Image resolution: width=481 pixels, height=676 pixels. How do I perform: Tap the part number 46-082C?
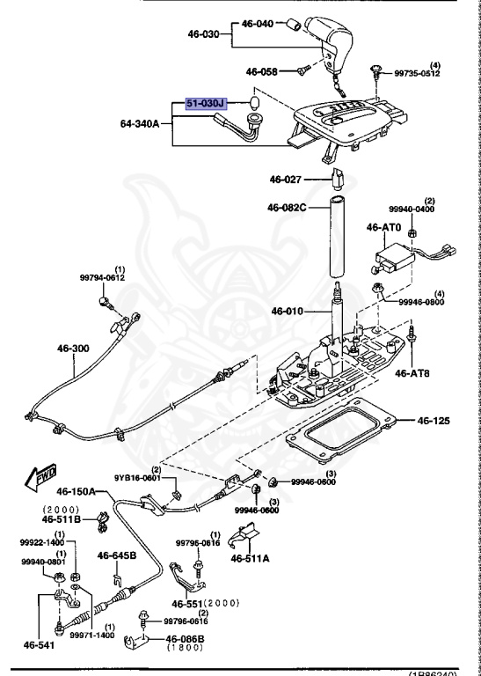[x=287, y=208]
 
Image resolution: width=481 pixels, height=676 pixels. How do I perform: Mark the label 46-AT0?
[x=383, y=227]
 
